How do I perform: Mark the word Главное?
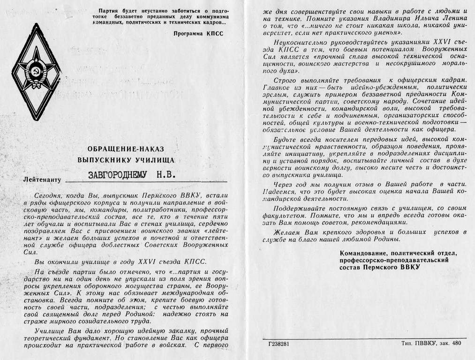pyautogui.click(x=276, y=87)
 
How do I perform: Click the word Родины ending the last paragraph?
pyautogui.click(x=387, y=239)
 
